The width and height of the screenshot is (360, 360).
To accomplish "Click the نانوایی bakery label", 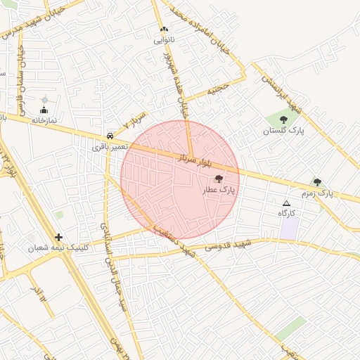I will (164, 41).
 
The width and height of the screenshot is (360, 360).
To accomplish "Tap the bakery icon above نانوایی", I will (164, 30).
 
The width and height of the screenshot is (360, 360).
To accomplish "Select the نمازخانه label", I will (43, 120).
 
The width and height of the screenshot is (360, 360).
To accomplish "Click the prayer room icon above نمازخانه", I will (45, 110).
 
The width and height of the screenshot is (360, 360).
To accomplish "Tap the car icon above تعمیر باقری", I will (110, 136).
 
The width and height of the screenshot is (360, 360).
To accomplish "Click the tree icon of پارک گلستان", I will (283, 120).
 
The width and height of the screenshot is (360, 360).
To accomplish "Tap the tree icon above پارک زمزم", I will (317, 182).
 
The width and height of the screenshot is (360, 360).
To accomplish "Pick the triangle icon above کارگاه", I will (285, 202).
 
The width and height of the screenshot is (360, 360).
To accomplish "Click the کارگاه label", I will (286, 212).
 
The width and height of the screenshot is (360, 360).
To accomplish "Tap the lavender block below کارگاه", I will (289, 228).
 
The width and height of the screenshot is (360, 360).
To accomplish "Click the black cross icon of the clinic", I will (58, 238).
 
